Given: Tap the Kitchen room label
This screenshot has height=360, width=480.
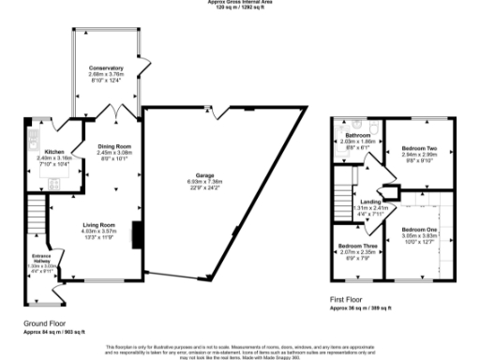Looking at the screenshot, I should point(54,151).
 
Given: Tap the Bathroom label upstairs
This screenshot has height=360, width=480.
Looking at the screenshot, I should point(358,135).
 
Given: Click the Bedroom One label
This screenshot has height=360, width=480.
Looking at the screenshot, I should point(419,230).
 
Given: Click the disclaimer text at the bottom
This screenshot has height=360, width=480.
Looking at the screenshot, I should point(239,351).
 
